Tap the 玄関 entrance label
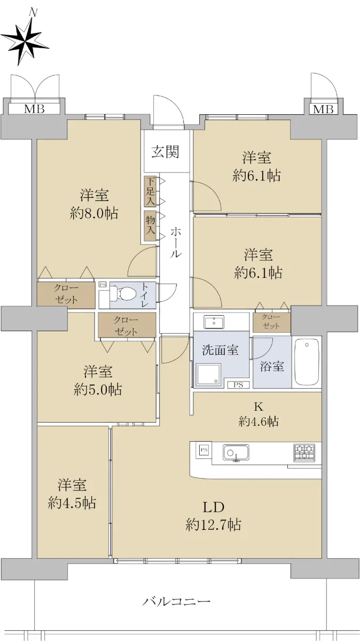pyautogui.click(x=165, y=152)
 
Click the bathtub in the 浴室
pyautogui.click(x=307, y=362)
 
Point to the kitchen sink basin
pyautogui.click(x=236, y=453)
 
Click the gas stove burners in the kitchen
pyautogui.click(x=304, y=452)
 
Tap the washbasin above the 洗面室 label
pyautogui.click(x=214, y=322)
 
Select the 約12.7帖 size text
pyautogui.click(x=213, y=525)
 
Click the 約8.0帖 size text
pyautogui.click(x=94, y=213)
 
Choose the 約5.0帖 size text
pyautogui.click(x=98, y=389)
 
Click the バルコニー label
pyautogui.click(x=177, y=601)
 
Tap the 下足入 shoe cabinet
pyautogui.click(x=151, y=191)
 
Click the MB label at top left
pyautogui.click(x=34, y=108)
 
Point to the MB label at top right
pyautogui.click(x=323, y=109)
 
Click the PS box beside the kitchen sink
pyautogui.click(x=204, y=450)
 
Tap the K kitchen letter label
pyautogui.click(x=259, y=406)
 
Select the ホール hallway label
pyautogui.click(x=176, y=243)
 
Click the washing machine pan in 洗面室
pyautogui.click(x=209, y=375)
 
